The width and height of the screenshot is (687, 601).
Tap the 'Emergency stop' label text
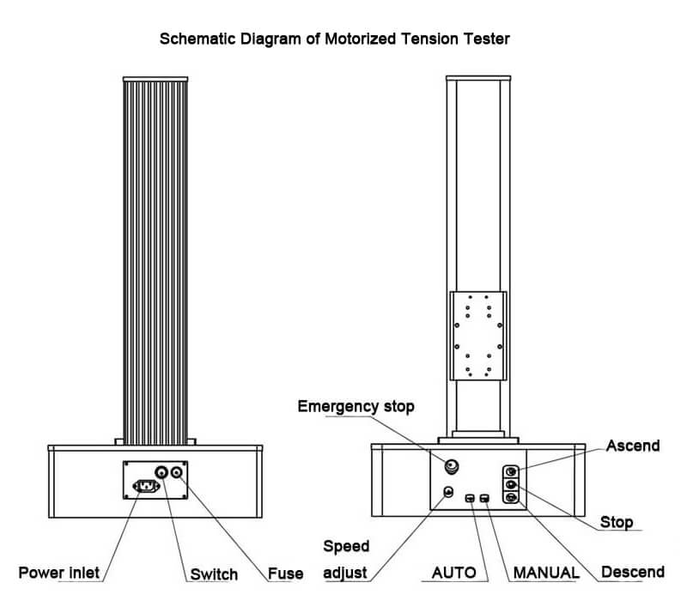pyautogui.click(x=356, y=406)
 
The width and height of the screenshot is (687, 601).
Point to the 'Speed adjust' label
pyautogui.click(x=346, y=559)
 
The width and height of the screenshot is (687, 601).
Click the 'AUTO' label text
pyautogui.click(x=453, y=573)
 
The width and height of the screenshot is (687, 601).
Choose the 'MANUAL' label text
pyautogui.click(x=545, y=573)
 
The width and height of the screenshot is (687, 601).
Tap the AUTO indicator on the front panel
pyautogui.click(x=470, y=499)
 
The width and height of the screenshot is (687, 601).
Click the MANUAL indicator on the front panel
pyautogui.click(x=486, y=499)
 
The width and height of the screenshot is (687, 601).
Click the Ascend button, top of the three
pyautogui.click(x=511, y=471)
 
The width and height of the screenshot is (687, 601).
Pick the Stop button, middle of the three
pyautogui.click(x=511, y=485)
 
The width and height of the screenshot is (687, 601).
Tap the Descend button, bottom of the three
pyautogui.click(x=511, y=498)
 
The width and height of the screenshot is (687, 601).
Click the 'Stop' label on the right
pyautogui.click(x=617, y=522)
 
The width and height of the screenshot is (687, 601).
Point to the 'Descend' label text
pyautogui.click(x=633, y=573)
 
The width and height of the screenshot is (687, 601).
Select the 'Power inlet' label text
pyautogui.click(x=59, y=573)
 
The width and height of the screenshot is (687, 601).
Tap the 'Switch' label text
pyautogui.click(x=212, y=574)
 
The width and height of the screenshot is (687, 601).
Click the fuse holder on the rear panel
pyautogui.click(x=179, y=471)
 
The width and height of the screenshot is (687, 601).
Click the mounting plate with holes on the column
pyautogui.click(x=478, y=336)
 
